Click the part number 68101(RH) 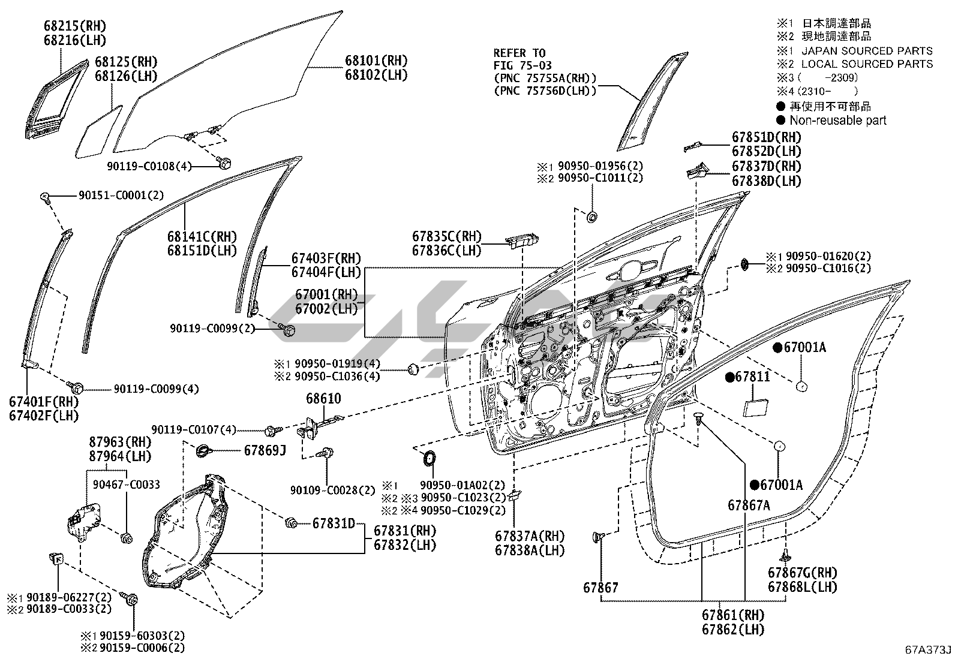(376, 61)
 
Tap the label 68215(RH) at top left (75, 26)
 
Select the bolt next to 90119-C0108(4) (224, 163)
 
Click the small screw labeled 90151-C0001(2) (44, 197)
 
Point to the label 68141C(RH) (202, 236)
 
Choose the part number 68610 (323, 399)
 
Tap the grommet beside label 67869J (203, 450)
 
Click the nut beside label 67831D (291, 523)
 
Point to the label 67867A (749, 505)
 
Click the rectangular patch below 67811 (756, 408)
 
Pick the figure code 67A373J (928, 649)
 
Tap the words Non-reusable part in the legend (838, 120)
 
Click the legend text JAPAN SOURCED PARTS (867, 51)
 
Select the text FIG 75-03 (522, 65)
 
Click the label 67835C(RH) (447, 236)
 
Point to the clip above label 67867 (598, 537)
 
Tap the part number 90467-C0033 (127, 485)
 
